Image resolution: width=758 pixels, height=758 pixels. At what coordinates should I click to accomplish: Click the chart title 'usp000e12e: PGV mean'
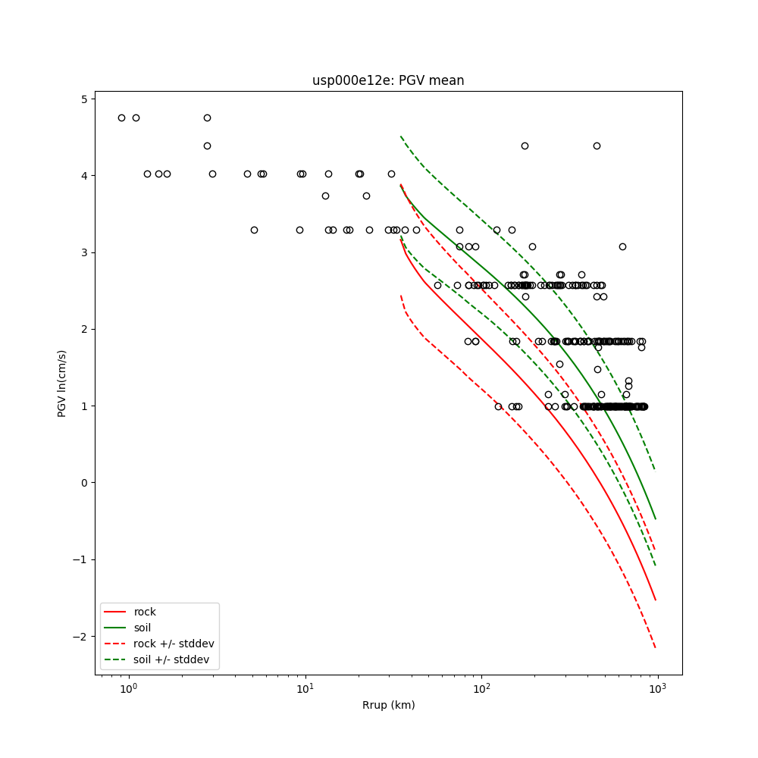tap(388, 80)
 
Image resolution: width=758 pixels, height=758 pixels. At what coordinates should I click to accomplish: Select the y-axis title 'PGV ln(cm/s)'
tap(62, 383)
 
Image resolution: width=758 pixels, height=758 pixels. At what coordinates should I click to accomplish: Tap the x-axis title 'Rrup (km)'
tap(388, 705)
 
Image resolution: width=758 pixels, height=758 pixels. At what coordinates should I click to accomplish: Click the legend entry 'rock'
tap(145, 612)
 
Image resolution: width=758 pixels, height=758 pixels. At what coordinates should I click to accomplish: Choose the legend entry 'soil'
tap(144, 628)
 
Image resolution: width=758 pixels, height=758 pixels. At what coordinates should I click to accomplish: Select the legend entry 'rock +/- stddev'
tap(174, 644)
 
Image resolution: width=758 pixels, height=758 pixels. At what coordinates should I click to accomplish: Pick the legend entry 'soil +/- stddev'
tap(171, 659)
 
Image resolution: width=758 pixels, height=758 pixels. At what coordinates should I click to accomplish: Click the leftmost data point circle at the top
tap(121, 117)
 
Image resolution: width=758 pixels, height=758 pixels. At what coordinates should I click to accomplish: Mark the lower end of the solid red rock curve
tap(655, 600)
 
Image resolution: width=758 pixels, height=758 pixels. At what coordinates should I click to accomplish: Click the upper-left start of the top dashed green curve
tap(401, 136)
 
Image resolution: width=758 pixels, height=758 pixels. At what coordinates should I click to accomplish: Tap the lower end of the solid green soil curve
tap(655, 519)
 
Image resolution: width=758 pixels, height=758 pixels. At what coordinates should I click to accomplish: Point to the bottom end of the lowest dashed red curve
tap(655, 647)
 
